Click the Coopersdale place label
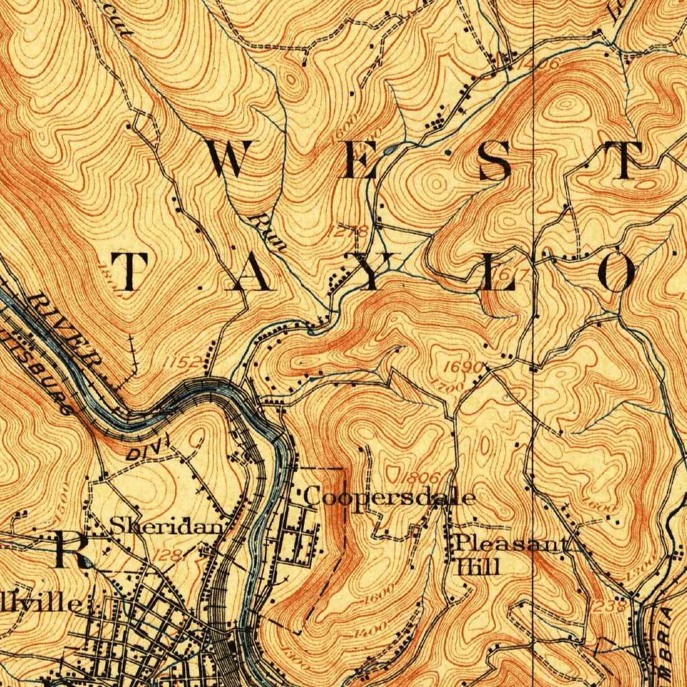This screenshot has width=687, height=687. [x=390, y=497]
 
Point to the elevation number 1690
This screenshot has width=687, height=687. [x=463, y=368]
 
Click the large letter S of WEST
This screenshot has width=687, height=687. [x=495, y=161]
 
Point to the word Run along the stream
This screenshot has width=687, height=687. [x=268, y=233]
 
